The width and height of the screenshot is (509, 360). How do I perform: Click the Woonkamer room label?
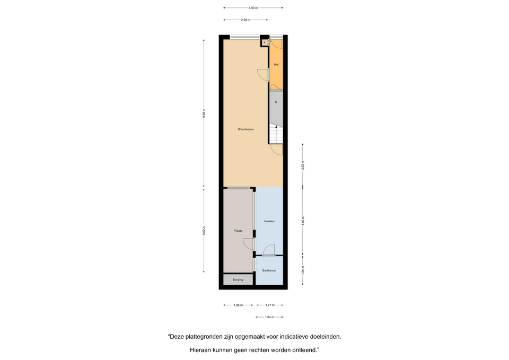coord(245,129)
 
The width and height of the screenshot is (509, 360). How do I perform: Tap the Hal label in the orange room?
coord(276,64)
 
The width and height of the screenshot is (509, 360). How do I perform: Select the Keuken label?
coord(269,221)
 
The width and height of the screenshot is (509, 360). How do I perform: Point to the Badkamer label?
coord(269,270)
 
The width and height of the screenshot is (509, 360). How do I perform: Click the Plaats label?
coord(238,231)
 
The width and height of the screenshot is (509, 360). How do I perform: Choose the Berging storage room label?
coord(238,280)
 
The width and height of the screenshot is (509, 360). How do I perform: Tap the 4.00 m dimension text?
coord(253,8)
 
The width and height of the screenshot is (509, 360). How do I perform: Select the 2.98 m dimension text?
coord(245,20)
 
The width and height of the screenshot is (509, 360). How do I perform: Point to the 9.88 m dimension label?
coord(204,113)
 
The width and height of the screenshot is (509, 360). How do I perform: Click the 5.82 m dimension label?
coord(204,231)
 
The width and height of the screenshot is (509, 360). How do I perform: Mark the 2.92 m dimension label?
coord(303,165)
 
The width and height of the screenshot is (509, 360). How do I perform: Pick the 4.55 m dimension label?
coord(303,221)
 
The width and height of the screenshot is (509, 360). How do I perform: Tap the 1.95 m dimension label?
coord(303,270)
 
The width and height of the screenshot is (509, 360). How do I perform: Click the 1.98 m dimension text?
coord(238,305)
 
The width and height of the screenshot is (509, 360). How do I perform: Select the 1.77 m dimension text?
coord(270,305)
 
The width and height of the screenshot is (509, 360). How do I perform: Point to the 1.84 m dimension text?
coord(269,317)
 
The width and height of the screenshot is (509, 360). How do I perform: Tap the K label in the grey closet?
coord(276,102)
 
